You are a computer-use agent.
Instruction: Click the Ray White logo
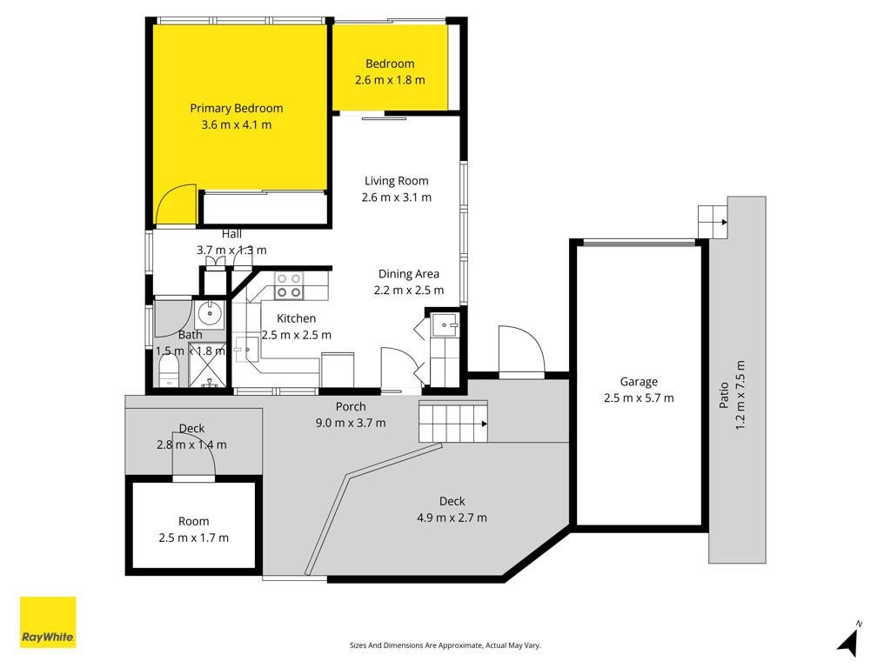48,622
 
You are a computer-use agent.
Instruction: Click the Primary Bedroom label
237,108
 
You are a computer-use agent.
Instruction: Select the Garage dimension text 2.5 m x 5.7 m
639,398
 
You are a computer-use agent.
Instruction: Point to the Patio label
724,395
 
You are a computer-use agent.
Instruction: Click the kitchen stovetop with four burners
289,285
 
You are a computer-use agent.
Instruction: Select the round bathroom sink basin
210,313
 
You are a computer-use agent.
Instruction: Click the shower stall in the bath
207,366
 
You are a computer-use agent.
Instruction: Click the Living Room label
397,181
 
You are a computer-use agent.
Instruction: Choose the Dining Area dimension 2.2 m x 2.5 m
409,291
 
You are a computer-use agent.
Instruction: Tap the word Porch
351,407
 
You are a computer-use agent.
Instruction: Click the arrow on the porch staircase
484,424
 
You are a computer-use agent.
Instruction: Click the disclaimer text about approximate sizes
445,645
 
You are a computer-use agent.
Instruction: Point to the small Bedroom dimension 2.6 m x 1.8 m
390,80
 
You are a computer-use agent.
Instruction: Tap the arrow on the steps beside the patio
724,222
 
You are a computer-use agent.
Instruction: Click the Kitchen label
296,318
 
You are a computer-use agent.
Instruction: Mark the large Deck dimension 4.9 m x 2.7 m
452,518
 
